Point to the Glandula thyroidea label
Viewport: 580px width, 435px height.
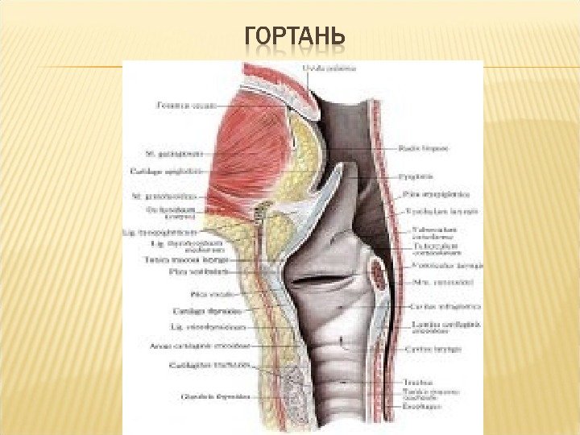(x=201, y=396)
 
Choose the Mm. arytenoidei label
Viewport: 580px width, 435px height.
(x=432, y=284)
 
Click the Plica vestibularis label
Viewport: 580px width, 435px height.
(x=187, y=271)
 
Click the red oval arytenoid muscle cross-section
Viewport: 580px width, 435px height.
(x=379, y=273)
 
